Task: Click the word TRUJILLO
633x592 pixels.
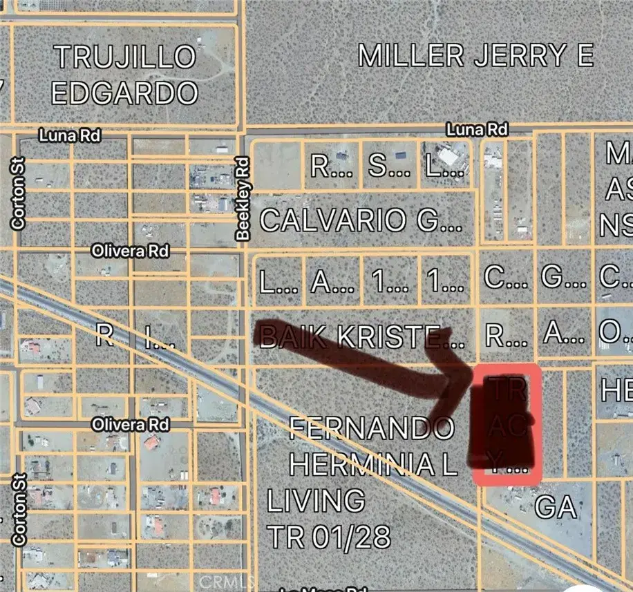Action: point(126,57)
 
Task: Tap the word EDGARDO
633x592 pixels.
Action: point(125,93)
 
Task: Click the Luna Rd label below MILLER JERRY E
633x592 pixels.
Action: point(477,129)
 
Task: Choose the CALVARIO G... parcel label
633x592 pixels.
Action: point(361,221)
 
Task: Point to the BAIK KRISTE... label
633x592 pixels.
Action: point(359,337)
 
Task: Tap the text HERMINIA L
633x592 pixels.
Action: point(372,464)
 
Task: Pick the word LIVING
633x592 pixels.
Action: point(316,500)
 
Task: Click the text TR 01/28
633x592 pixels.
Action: point(329,536)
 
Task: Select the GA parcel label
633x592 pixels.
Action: point(556,508)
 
